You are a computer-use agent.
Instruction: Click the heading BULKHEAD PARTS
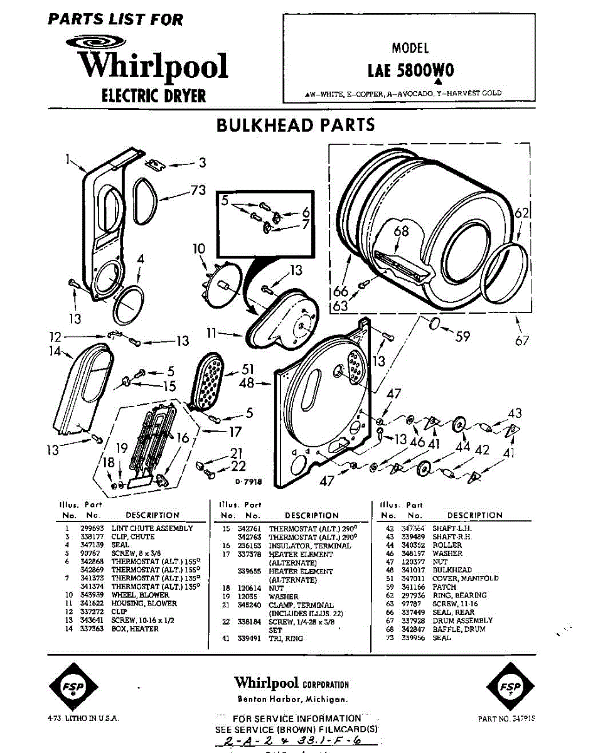click(x=296, y=124)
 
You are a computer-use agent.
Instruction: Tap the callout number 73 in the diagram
click(x=198, y=191)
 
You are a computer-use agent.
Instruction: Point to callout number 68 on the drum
click(x=401, y=231)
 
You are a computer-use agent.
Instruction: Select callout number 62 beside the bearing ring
click(x=522, y=213)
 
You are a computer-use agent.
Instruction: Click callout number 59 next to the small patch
click(x=462, y=336)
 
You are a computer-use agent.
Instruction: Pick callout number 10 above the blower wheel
click(x=199, y=249)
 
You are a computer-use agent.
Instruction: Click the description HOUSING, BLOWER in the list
click(x=144, y=604)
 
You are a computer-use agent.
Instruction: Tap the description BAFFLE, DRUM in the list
click(x=459, y=629)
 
